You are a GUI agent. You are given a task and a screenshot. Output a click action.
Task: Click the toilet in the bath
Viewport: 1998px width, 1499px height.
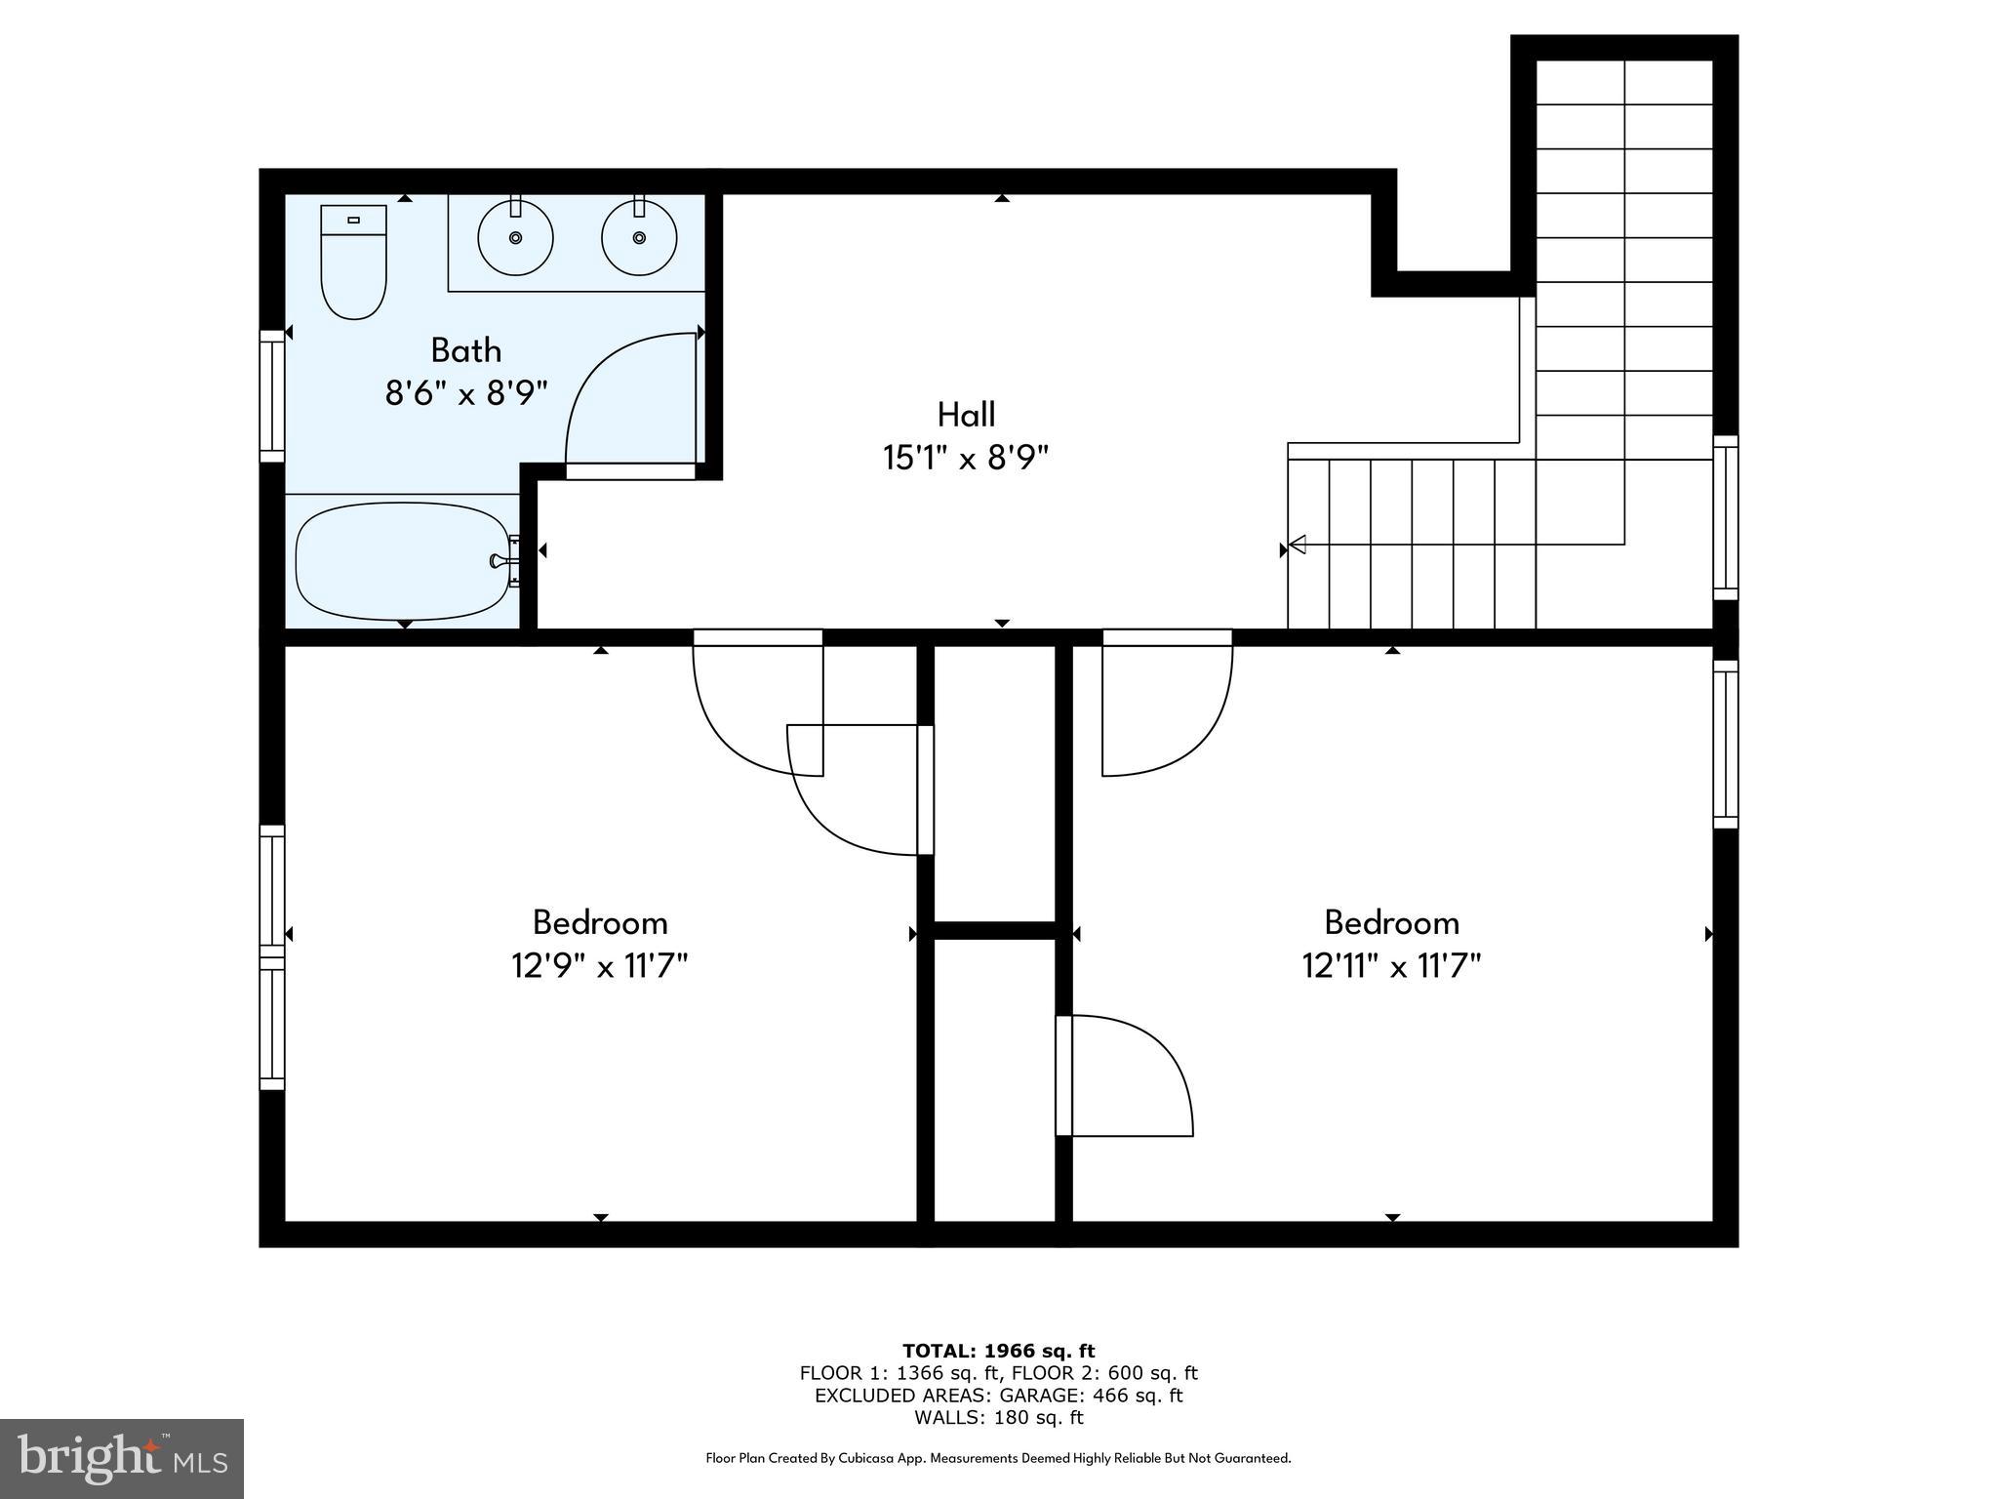coord(353,263)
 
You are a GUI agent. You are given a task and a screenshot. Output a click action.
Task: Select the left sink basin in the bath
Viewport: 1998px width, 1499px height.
coord(515,237)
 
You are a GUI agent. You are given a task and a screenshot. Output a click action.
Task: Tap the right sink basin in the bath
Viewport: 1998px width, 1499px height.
coord(639,237)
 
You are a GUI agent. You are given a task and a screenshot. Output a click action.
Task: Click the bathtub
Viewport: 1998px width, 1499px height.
coord(402,561)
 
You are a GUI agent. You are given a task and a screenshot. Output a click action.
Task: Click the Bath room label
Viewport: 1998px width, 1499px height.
coord(466,349)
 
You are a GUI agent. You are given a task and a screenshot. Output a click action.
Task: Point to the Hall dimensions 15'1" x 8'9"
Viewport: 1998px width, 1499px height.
coord(966,458)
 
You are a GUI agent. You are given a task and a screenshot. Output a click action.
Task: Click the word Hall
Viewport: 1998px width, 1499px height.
coord(966,415)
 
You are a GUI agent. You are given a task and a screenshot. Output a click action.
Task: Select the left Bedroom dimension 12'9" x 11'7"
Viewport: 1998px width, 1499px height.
coord(600,966)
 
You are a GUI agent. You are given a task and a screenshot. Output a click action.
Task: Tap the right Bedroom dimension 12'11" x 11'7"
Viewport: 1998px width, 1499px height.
coord(1391,966)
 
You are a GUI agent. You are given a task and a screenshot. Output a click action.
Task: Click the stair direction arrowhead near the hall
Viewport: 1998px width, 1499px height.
coord(1298,545)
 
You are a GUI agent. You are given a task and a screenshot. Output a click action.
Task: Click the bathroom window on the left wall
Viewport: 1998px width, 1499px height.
coord(271,395)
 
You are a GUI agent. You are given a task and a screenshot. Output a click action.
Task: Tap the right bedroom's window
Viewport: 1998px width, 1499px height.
coord(1726,745)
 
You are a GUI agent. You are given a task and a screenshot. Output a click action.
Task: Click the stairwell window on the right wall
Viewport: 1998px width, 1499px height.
coord(1726,517)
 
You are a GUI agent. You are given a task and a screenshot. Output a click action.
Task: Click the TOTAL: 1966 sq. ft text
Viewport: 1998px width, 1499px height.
coord(998,1351)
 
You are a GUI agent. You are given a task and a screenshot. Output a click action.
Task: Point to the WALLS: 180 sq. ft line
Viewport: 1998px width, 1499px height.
coord(998,1418)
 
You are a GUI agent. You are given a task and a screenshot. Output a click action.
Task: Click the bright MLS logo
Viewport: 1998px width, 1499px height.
coord(121,1458)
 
